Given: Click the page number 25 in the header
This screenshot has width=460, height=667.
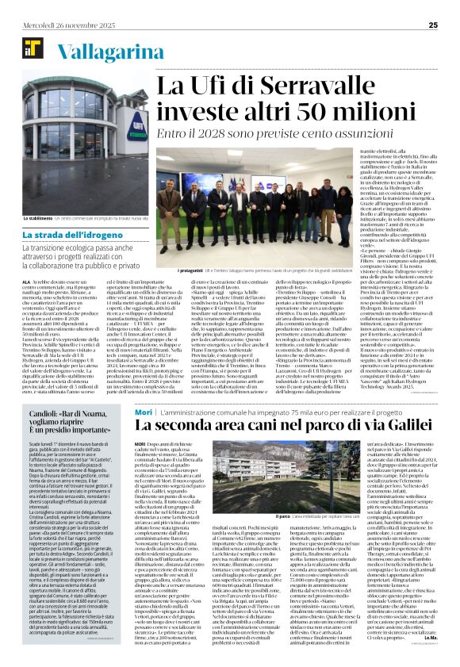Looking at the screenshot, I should tap(433, 10).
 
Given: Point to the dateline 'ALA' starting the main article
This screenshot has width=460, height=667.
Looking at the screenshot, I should tap(28, 280).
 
